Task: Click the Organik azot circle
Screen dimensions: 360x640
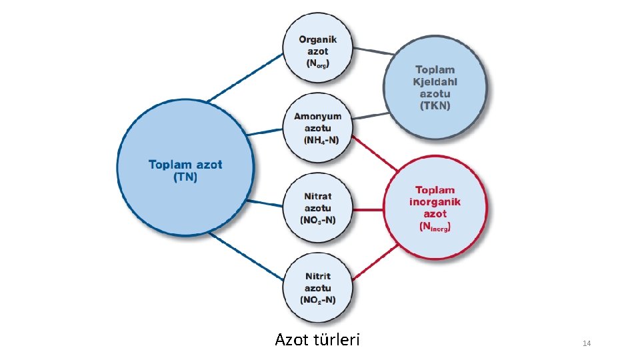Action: (x=318, y=49)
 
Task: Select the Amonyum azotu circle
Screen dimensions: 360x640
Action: (x=318, y=129)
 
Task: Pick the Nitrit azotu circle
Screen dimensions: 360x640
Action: (x=318, y=288)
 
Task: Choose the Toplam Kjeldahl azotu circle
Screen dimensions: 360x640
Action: (x=435, y=87)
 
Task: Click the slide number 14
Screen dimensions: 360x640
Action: (x=587, y=343)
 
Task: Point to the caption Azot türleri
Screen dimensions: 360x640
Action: (x=317, y=340)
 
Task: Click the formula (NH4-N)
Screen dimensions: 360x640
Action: (x=321, y=140)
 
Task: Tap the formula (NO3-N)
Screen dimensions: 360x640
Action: (x=318, y=220)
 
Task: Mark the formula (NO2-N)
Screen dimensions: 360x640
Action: (x=318, y=300)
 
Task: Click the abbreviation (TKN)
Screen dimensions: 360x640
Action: (x=435, y=105)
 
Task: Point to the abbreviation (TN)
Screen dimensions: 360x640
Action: (x=185, y=177)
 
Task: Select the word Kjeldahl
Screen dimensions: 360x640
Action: (x=435, y=81)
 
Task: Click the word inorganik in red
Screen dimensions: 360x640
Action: (x=435, y=202)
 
